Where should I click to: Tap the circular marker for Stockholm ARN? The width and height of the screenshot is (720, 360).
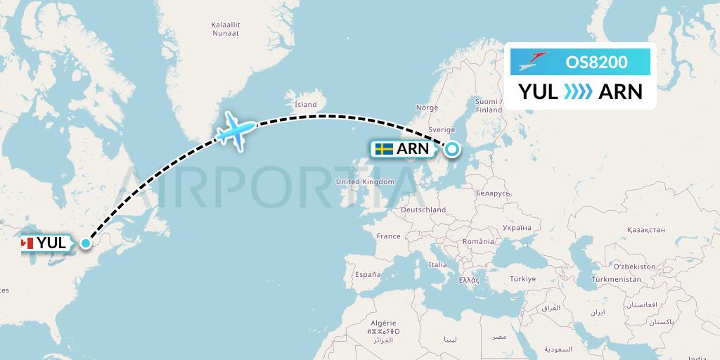[451, 148]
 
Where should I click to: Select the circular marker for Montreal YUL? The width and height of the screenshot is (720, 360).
[86, 243]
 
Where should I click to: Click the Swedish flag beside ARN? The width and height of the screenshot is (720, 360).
[384, 149]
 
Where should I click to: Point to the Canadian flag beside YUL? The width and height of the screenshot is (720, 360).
[27, 243]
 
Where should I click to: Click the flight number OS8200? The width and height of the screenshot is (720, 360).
[596, 62]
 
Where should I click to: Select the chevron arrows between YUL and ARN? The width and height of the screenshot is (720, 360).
[578, 91]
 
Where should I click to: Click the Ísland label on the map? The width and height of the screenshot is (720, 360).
[306, 105]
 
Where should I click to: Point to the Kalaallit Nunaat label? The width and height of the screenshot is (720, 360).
[226, 29]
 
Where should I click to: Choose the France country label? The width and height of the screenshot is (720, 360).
[388, 236]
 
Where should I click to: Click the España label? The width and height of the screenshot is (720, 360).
[367, 274]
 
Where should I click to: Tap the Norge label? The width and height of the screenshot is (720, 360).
[427, 108]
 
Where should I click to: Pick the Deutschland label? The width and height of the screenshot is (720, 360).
[423, 210]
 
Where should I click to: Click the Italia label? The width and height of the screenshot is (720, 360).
[437, 264]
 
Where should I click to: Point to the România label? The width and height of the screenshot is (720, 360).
[480, 241]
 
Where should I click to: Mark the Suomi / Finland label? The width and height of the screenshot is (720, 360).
[489, 105]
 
